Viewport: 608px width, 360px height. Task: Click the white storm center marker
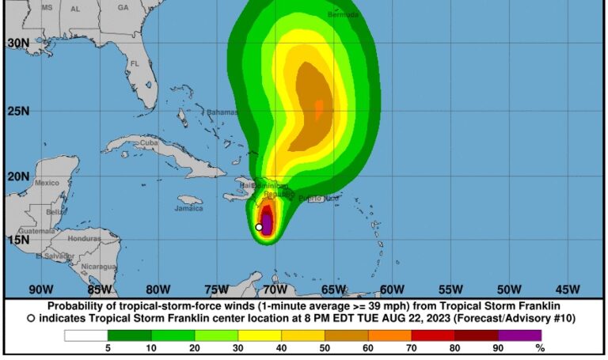(x=259, y=227)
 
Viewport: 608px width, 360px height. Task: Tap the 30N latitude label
(x=18, y=43)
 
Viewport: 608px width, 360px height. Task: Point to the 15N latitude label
(x=18, y=240)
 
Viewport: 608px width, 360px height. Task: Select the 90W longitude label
(x=40, y=289)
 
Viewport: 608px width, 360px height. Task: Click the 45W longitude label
(x=568, y=289)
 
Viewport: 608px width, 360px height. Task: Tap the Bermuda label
(x=343, y=14)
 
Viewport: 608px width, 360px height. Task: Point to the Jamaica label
(x=189, y=209)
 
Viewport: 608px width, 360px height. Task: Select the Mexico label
(x=47, y=183)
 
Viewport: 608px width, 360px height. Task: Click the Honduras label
(x=84, y=238)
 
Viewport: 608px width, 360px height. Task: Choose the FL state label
(x=135, y=63)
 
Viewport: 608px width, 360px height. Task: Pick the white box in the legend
(x=86, y=335)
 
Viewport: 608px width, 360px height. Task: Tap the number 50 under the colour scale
(x=325, y=347)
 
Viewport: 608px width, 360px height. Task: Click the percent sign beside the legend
(x=540, y=347)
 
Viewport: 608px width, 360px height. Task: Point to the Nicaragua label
(x=100, y=267)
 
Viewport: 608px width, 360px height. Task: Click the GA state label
(x=123, y=7)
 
